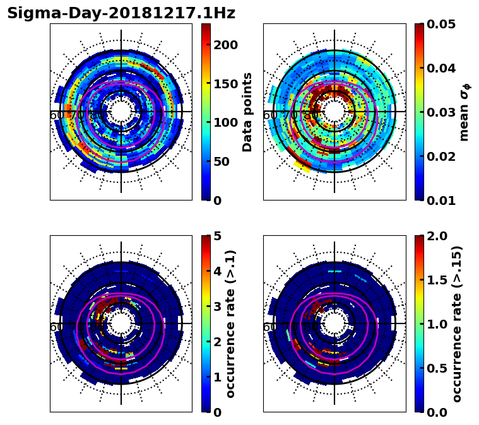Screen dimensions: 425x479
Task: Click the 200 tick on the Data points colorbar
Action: tap(225, 45)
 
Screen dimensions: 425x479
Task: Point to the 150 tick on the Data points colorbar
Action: tap(225, 84)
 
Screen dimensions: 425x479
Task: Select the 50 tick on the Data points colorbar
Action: tap(222, 161)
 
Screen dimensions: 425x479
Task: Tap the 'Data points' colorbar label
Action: tap(247, 112)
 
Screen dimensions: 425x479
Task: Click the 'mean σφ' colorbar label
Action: tap(464, 112)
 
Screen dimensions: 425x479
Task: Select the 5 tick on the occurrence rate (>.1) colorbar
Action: tap(218, 236)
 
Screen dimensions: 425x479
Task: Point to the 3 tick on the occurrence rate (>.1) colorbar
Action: tap(218, 306)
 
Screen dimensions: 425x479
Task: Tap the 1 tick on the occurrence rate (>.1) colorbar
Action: tap(218, 377)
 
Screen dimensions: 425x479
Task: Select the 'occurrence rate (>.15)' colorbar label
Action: tap(457, 323)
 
